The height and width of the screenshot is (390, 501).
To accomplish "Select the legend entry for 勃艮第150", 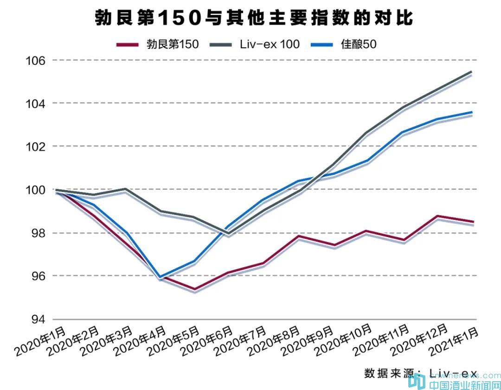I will [x=158, y=44].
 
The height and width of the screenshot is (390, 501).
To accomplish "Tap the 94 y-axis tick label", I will [x=38, y=319].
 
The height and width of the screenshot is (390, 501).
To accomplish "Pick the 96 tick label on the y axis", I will [x=38, y=276].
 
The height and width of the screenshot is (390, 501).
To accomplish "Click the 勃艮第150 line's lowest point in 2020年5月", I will [x=194, y=289].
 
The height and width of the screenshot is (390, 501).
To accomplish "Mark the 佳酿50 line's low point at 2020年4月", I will [x=160, y=277].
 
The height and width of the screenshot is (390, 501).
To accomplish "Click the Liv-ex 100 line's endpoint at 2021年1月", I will [x=472, y=72].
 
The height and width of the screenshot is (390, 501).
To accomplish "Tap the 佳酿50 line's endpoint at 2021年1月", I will [x=472, y=112].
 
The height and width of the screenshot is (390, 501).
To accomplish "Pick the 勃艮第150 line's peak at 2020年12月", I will [x=437, y=216].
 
